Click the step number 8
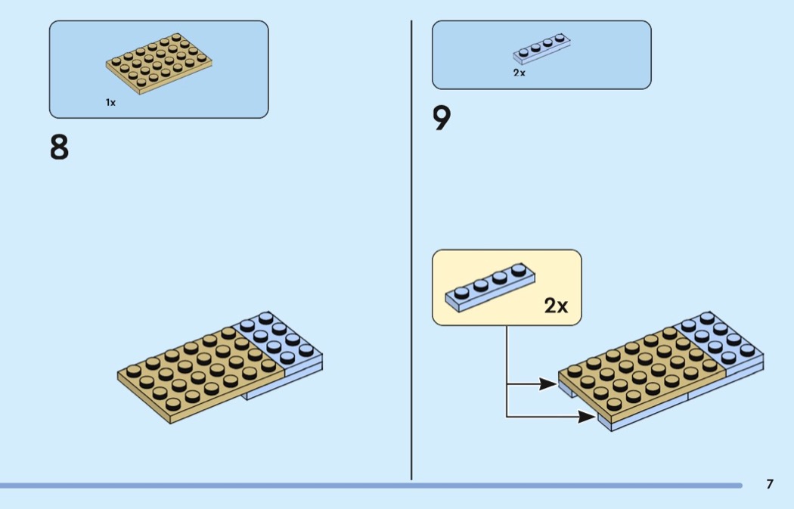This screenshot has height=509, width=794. [x=59, y=147]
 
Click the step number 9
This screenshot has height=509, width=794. [x=442, y=117]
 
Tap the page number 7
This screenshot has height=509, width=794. [x=770, y=484]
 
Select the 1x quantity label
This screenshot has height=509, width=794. [x=110, y=102]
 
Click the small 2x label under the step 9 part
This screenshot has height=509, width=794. [x=519, y=73]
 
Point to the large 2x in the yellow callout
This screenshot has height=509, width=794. [x=556, y=306]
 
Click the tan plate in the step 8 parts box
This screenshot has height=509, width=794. [x=159, y=64]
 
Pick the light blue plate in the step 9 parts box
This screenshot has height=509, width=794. [x=542, y=48]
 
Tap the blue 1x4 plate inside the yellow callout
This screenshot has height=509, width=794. [x=490, y=287]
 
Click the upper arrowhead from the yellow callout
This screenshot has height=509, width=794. [x=548, y=384]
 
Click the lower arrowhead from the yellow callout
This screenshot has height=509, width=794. [x=587, y=417]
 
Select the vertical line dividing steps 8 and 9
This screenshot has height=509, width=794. [x=411, y=250]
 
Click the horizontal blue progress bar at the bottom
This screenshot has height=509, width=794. [x=371, y=486]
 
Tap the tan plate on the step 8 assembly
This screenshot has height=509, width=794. [x=201, y=374]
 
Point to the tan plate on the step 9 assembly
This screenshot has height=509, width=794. [x=642, y=375]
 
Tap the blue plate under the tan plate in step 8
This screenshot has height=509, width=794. [x=284, y=383]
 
